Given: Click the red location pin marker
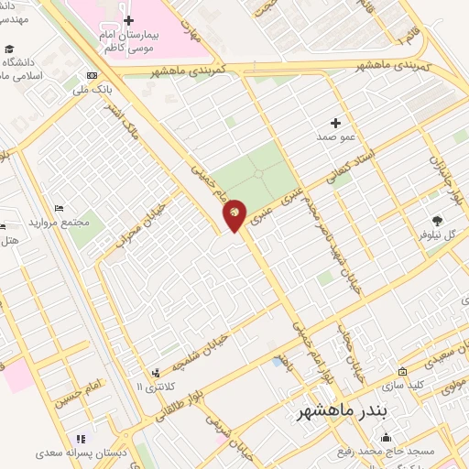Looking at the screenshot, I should tap(235, 215).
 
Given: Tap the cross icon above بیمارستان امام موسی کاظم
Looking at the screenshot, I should tap(128, 20).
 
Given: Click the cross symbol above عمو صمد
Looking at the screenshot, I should tap(335, 122).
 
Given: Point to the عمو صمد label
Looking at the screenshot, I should tap(335, 136).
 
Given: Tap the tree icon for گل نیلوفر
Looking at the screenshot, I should tap(437, 220).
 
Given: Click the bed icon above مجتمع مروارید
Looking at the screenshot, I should tap(60, 209).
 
